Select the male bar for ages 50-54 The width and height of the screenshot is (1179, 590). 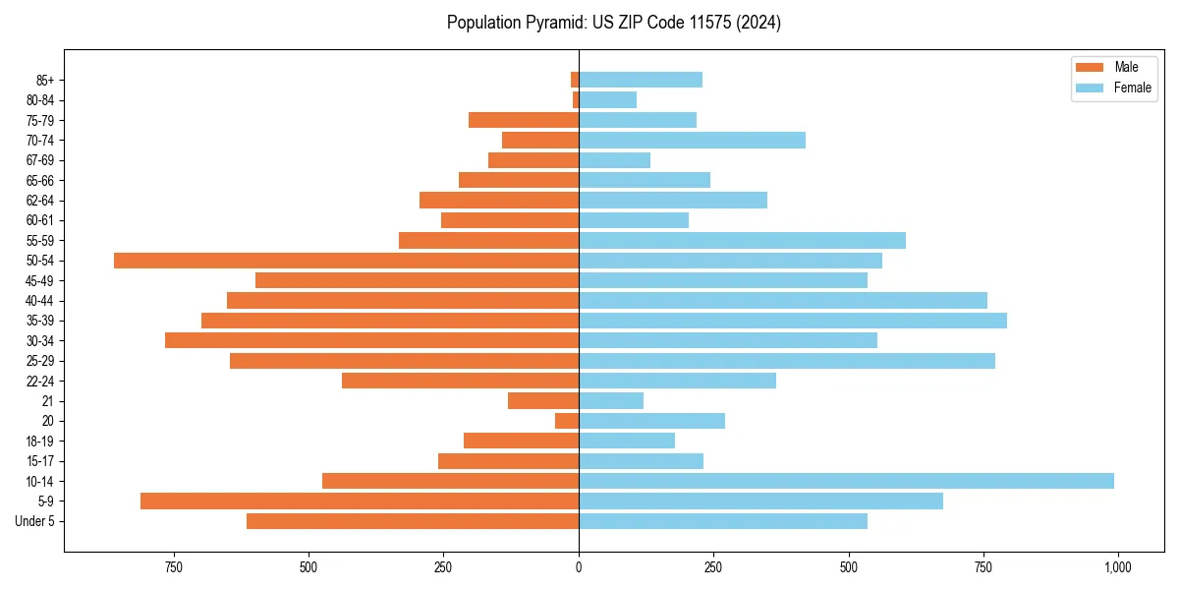pos(346,261)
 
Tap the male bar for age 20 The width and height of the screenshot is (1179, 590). pos(567,421)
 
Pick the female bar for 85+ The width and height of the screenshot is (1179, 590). pos(640,80)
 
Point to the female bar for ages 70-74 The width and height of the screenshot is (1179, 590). pos(692,141)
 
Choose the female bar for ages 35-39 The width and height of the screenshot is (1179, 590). pos(792,321)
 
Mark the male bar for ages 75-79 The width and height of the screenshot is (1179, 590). pos(524,120)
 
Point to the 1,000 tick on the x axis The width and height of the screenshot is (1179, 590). pos(1117,567)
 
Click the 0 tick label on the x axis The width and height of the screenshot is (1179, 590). pos(579,567)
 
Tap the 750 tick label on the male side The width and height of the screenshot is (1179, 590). pos(174,567)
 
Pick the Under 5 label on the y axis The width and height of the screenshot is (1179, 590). pos(35,521)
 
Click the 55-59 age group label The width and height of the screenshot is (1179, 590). pos(40,241)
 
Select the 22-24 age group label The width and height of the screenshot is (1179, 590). pos(40,382)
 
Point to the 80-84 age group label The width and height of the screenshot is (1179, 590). pos(40,100)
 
